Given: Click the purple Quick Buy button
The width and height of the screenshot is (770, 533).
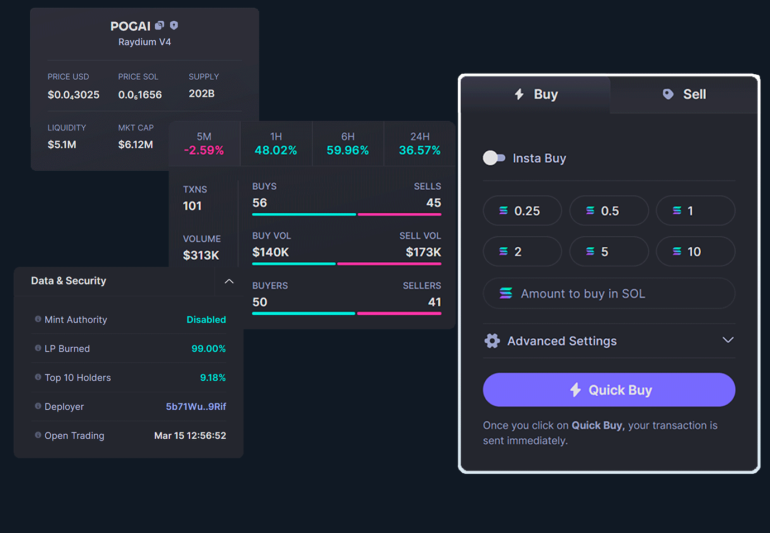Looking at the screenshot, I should (x=609, y=390).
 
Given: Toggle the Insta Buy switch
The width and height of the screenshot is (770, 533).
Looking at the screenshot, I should (x=494, y=158).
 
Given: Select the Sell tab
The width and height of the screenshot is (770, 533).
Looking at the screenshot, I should (x=684, y=94).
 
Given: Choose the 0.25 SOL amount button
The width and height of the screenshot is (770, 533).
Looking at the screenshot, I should (x=522, y=211).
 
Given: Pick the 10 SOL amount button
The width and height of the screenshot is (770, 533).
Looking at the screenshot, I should (x=695, y=252).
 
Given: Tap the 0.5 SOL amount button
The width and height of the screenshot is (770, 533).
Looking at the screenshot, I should (x=609, y=211).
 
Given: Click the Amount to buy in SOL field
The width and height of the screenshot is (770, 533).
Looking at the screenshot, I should (x=609, y=294).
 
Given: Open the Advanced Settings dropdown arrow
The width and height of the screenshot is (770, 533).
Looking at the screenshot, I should (x=728, y=340).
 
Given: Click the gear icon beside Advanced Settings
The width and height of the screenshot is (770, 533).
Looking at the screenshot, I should (x=492, y=340).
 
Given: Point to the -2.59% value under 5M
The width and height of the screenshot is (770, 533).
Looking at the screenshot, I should (x=204, y=151).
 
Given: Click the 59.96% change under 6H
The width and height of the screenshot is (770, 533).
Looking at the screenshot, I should (x=347, y=151).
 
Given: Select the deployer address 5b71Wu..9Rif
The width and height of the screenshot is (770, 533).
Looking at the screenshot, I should (x=195, y=406).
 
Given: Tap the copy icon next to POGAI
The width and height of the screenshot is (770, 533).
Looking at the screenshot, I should (x=160, y=25).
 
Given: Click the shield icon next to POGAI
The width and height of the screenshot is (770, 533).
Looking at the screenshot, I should (x=174, y=25).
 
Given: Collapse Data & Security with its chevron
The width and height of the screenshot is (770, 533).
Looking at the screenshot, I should (x=229, y=281).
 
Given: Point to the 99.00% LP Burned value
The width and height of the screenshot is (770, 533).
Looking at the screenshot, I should (x=208, y=349).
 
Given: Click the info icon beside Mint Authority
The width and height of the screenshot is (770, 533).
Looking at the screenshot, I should (x=38, y=319).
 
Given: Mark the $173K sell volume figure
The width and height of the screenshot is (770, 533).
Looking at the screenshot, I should (x=423, y=252).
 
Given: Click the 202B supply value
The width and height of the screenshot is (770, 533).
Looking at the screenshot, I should (x=202, y=94).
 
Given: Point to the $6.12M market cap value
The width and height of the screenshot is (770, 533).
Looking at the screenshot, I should (x=135, y=145).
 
